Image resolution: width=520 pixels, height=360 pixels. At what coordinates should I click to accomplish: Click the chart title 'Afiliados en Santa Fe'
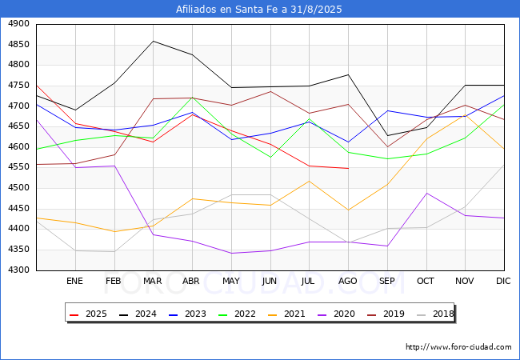(x=259, y=9)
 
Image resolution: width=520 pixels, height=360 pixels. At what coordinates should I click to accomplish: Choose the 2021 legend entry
(x=287, y=314)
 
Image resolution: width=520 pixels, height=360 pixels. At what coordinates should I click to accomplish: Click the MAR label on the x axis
(x=153, y=281)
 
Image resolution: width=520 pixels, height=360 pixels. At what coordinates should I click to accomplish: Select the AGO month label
(x=348, y=281)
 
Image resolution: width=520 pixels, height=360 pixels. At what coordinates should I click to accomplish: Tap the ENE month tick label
(x=74, y=281)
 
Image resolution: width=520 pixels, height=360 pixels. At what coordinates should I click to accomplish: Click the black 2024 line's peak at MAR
(x=153, y=41)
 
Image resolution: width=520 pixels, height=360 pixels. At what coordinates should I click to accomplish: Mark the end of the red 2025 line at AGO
(x=348, y=168)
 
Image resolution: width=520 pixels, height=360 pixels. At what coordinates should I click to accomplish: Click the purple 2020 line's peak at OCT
(x=426, y=193)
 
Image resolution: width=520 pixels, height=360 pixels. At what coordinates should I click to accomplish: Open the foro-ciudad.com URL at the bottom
(x=458, y=347)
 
